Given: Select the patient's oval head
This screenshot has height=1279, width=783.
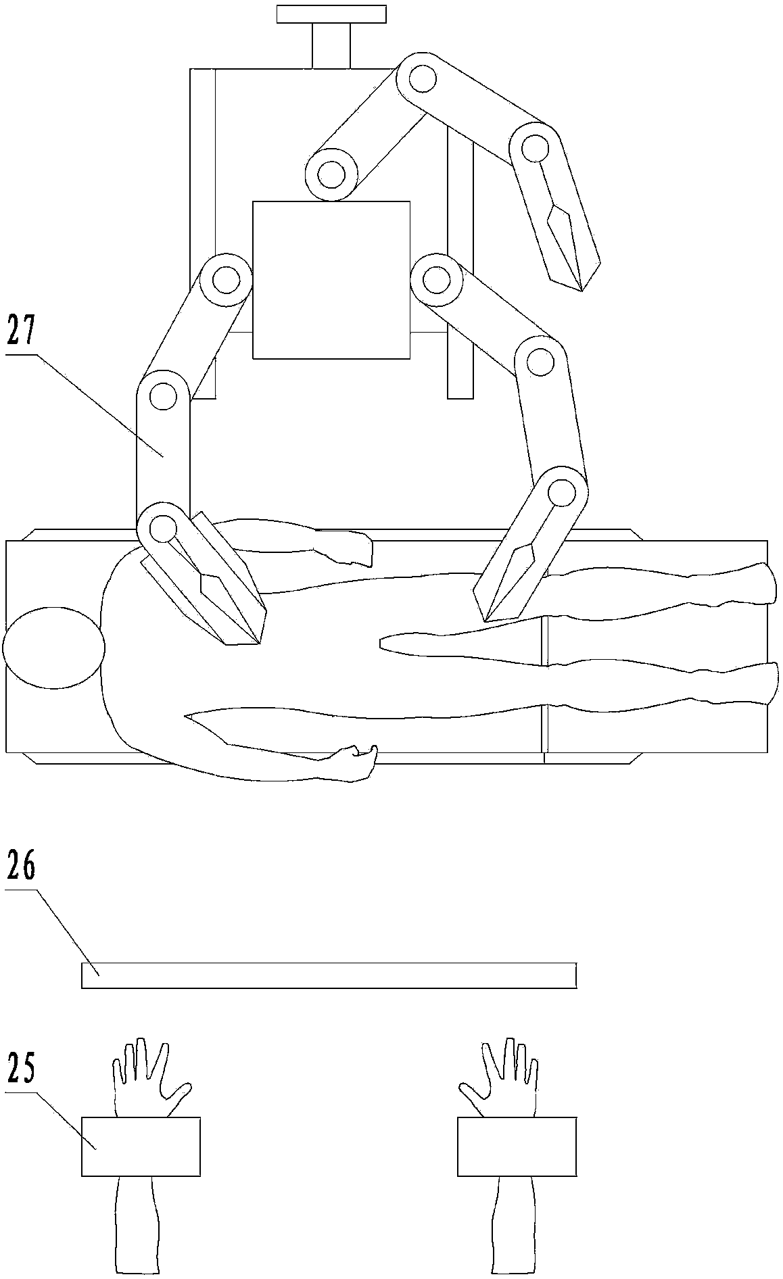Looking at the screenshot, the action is [x=53, y=648].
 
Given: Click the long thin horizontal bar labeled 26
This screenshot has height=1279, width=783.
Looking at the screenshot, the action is [x=329, y=975].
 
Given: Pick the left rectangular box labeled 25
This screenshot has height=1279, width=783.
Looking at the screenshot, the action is [x=141, y=1147].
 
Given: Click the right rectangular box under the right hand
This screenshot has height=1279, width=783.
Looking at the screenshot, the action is [x=517, y=1147].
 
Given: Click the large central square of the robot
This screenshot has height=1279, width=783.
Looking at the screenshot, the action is [x=331, y=279].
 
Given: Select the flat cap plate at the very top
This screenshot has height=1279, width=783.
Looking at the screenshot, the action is [x=331, y=14].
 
